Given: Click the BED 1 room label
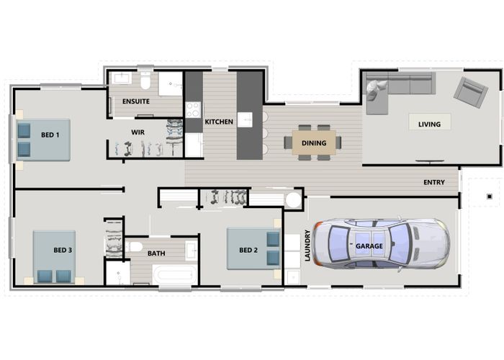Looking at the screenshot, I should click(x=50, y=135).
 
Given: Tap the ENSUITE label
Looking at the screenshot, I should click(x=135, y=102).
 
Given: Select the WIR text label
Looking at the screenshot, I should click(x=138, y=132).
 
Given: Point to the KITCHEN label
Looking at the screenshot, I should click(x=219, y=122).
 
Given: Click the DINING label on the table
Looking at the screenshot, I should click(x=315, y=143).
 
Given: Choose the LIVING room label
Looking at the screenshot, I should click(x=429, y=125).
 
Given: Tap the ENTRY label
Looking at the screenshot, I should click(x=434, y=182).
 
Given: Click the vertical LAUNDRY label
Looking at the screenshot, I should click(x=307, y=245).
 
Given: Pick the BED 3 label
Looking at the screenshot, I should click(x=63, y=250).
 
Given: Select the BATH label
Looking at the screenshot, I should click(x=156, y=253).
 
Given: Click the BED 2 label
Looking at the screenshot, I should click(x=248, y=250).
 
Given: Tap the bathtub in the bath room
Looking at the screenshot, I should click(x=174, y=274).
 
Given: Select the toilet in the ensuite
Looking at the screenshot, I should click(x=145, y=78).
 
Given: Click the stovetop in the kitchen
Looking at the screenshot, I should click(x=193, y=109).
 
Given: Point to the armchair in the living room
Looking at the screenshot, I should click(x=469, y=91).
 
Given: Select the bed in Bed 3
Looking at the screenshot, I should click(x=54, y=258).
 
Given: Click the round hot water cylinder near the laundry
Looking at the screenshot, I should click(x=292, y=199).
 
